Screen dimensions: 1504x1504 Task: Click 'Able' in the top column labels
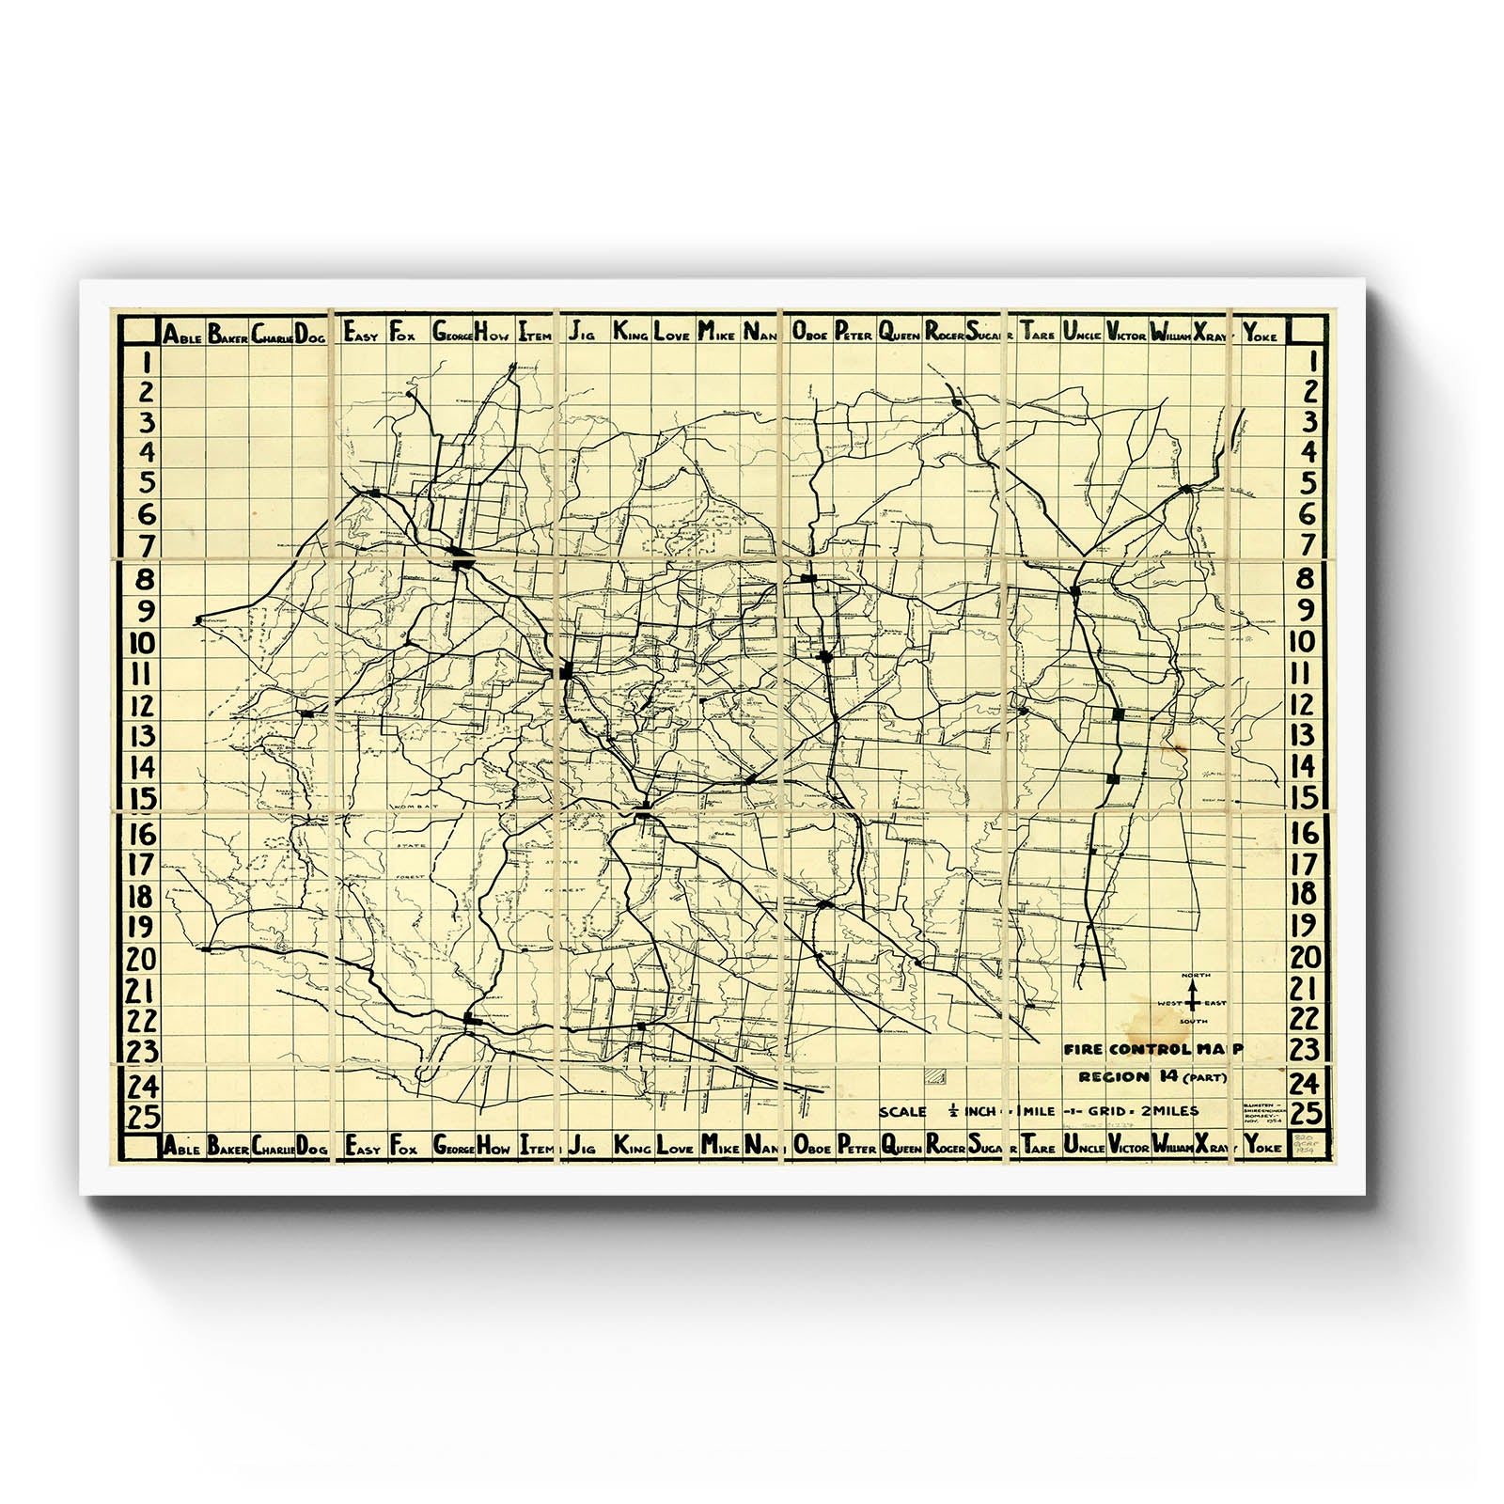tap(181, 333)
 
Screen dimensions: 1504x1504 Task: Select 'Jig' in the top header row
tap(581, 332)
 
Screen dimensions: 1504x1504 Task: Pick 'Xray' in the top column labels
tap(1211, 333)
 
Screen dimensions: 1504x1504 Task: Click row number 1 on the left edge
tap(144, 362)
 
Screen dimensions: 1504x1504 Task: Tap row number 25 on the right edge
tap(1305, 1114)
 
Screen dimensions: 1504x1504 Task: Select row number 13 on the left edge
tap(142, 736)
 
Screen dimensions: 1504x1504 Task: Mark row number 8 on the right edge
tap(1305, 578)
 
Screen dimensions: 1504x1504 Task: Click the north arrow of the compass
tap(1194, 987)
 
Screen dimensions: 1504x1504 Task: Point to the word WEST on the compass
tap(1169, 1003)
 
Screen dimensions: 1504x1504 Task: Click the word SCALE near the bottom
tap(902, 1111)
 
